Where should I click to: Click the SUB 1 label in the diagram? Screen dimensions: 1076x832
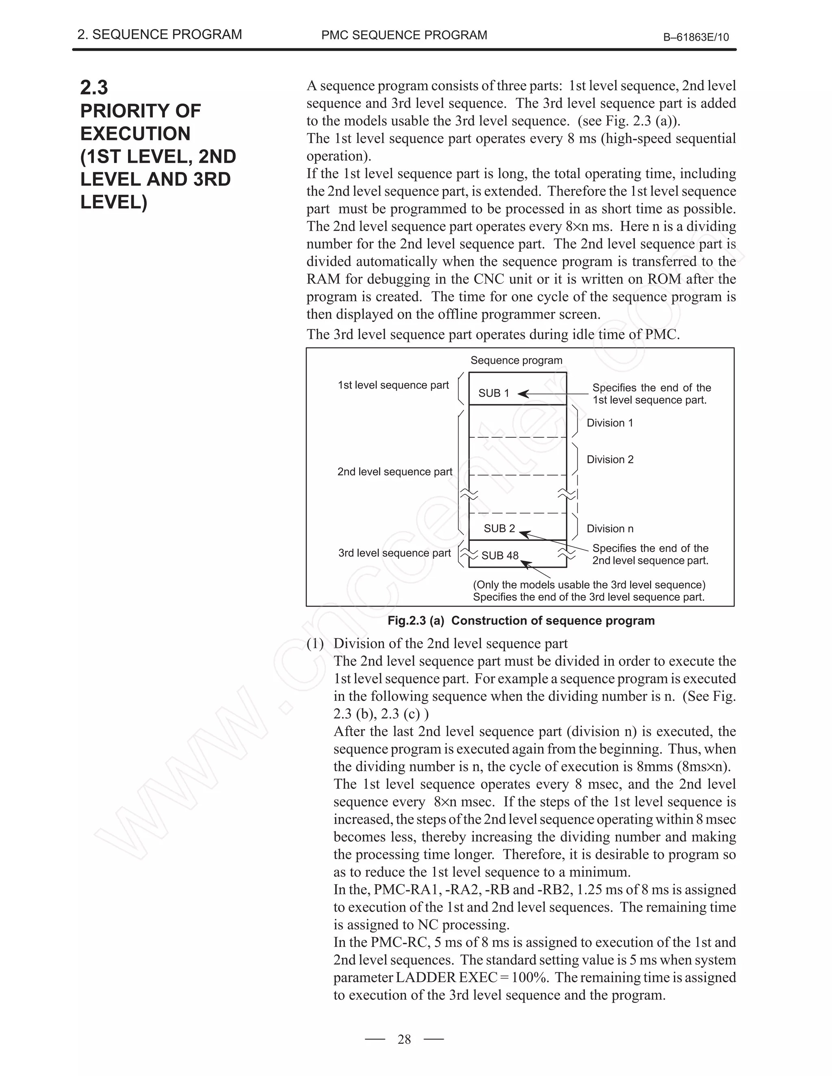(x=493, y=393)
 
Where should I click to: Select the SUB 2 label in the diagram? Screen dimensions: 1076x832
(x=499, y=529)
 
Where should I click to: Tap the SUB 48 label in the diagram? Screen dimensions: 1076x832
(x=500, y=556)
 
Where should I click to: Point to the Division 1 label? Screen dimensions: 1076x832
(x=610, y=423)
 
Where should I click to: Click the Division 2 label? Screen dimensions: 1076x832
(x=610, y=460)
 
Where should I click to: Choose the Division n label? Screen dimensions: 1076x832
(x=610, y=529)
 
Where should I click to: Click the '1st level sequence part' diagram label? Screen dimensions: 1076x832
(x=393, y=385)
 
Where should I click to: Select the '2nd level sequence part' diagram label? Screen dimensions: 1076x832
(x=394, y=472)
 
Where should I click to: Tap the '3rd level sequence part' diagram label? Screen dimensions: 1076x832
(x=394, y=553)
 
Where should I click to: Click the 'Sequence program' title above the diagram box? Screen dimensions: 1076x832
(x=516, y=360)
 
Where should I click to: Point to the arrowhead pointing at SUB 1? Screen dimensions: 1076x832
(x=522, y=393)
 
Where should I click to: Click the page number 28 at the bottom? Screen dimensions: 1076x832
(x=404, y=1039)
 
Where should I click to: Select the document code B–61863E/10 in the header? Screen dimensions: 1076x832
(x=696, y=37)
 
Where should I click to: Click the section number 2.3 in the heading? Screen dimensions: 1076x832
(x=94, y=88)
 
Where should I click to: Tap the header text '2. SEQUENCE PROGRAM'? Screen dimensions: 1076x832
(x=160, y=35)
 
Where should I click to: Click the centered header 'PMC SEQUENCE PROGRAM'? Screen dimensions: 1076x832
(x=404, y=35)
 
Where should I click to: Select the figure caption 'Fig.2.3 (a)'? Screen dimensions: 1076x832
(x=416, y=621)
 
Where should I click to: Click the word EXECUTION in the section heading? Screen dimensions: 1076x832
(x=135, y=134)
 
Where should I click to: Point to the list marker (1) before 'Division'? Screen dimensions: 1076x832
(x=315, y=644)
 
